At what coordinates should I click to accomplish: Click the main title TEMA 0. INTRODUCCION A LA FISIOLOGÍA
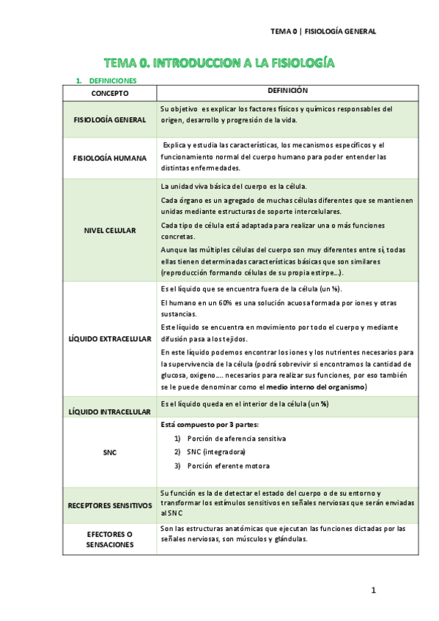point(219,63)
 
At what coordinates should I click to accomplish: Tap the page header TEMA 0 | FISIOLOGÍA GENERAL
point(323,31)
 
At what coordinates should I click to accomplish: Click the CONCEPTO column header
point(110,94)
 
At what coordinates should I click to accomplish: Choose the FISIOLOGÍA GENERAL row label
point(110,119)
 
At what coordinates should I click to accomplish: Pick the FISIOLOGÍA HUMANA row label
point(110,157)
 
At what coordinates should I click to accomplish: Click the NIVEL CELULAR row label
point(110,230)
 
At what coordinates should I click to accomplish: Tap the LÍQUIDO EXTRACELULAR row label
point(110,339)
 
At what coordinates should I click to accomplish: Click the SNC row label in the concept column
point(110,453)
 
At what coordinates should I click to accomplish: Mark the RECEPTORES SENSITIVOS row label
point(110,505)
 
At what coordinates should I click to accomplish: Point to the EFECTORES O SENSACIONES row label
point(110,540)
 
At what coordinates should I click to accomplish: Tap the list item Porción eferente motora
point(228,466)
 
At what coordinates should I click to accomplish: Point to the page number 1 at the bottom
point(373,590)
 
